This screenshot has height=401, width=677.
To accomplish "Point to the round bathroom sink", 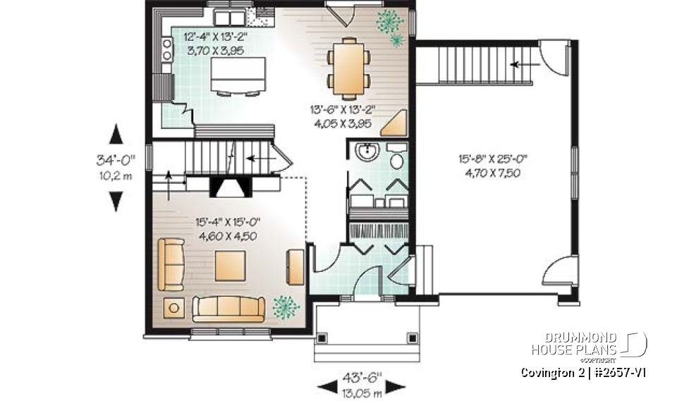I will pos(366,152).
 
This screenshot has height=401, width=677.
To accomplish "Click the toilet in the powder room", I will pos(396,159).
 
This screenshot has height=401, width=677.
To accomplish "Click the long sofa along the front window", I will pos(229,308).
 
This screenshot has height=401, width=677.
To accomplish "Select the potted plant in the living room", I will pos(286,306).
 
